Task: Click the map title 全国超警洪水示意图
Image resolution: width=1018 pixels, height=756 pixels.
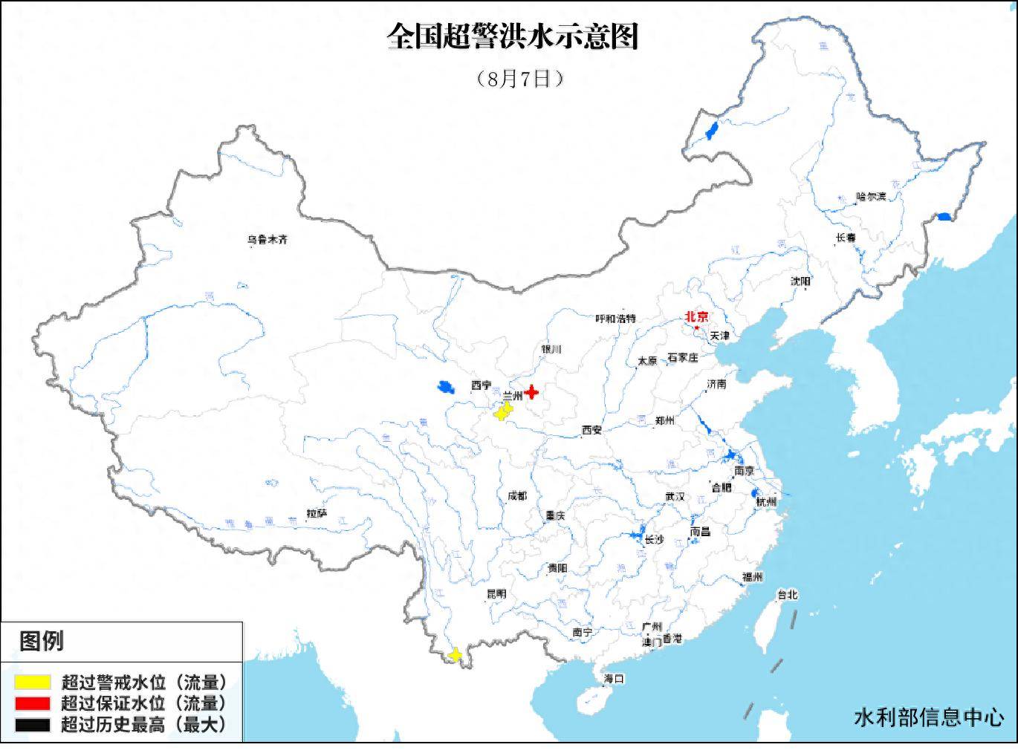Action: pyautogui.click(x=513, y=36)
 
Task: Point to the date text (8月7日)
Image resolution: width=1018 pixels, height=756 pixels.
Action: pyautogui.click(x=519, y=79)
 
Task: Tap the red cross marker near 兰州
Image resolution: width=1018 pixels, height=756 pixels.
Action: pyautogui.click(x=531, y=391)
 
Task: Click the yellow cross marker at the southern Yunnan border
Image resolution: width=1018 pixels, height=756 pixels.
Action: pyautogui.click(x=455, y=655)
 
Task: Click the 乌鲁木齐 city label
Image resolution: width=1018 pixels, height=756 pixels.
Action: pyautogui.click(x=268, y=240)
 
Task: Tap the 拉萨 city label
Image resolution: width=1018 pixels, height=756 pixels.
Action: pyautogui.click(x=317, y=513)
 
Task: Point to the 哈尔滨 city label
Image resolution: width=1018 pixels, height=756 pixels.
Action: pyautogui.click(x=871, y=197)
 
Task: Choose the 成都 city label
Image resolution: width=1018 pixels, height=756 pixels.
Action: pyautogui.click(x=516, y=495)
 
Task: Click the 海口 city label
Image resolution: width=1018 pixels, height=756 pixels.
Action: pyautogui.click(x=614, y=678)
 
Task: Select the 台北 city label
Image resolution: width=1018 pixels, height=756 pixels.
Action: pyautogui.click(x=787, y=595)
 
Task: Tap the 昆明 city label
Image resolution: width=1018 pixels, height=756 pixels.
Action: pyautogui.click(x=496, y=594)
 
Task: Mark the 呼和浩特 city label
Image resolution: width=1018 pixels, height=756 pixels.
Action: pyautogui.click(x=616, y=319)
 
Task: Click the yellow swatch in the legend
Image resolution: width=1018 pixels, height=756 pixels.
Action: pyautogui.click(x=33, y=682)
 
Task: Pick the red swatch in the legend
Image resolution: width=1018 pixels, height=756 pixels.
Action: pyautogui.click(x=33, y=703)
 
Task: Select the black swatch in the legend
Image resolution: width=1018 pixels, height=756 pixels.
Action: pyautogui.click(x=33, y=725)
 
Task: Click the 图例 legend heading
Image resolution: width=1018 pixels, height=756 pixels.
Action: pyautogui.click(x=42, y=641)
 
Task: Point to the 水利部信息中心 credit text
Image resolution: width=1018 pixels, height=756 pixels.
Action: pyautogui.click(x=929, y=717)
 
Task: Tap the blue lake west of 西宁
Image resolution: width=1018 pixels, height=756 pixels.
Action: pyautogui.click(x=445, y=387)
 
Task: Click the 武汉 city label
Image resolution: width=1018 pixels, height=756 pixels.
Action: pyautogui.click(x=675, y=497)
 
